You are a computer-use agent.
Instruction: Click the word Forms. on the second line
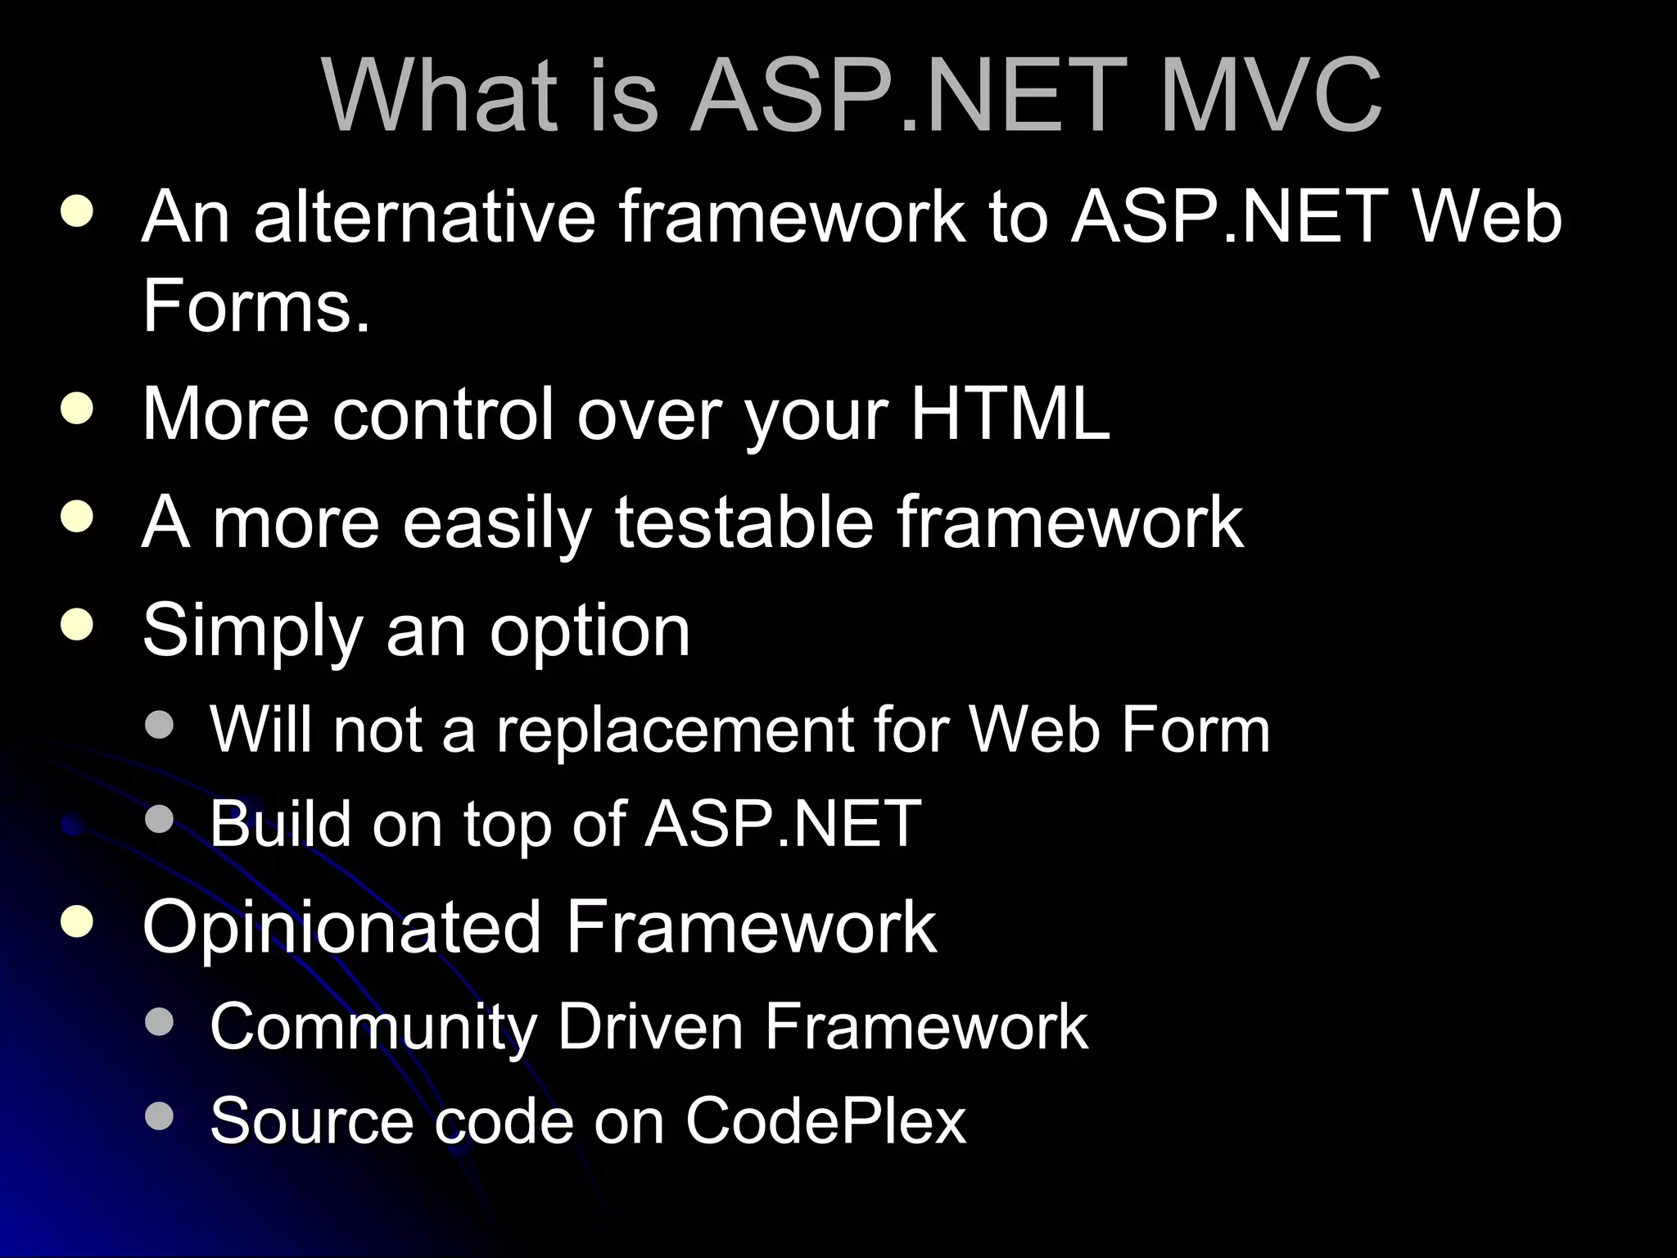coord(256,305)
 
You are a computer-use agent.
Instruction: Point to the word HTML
coord(1010,414)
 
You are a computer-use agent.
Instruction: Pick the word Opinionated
coord(341,927)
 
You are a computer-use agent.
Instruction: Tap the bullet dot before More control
coord(76,410)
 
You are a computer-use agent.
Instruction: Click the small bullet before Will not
coord(159,724)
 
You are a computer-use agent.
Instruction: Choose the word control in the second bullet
coord(443,414)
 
